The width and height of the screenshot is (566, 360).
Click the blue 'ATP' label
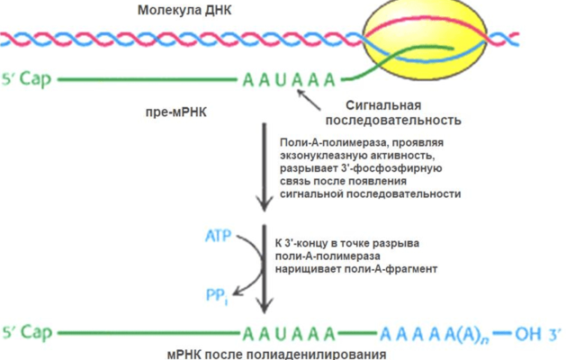click(x=217, y=238)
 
